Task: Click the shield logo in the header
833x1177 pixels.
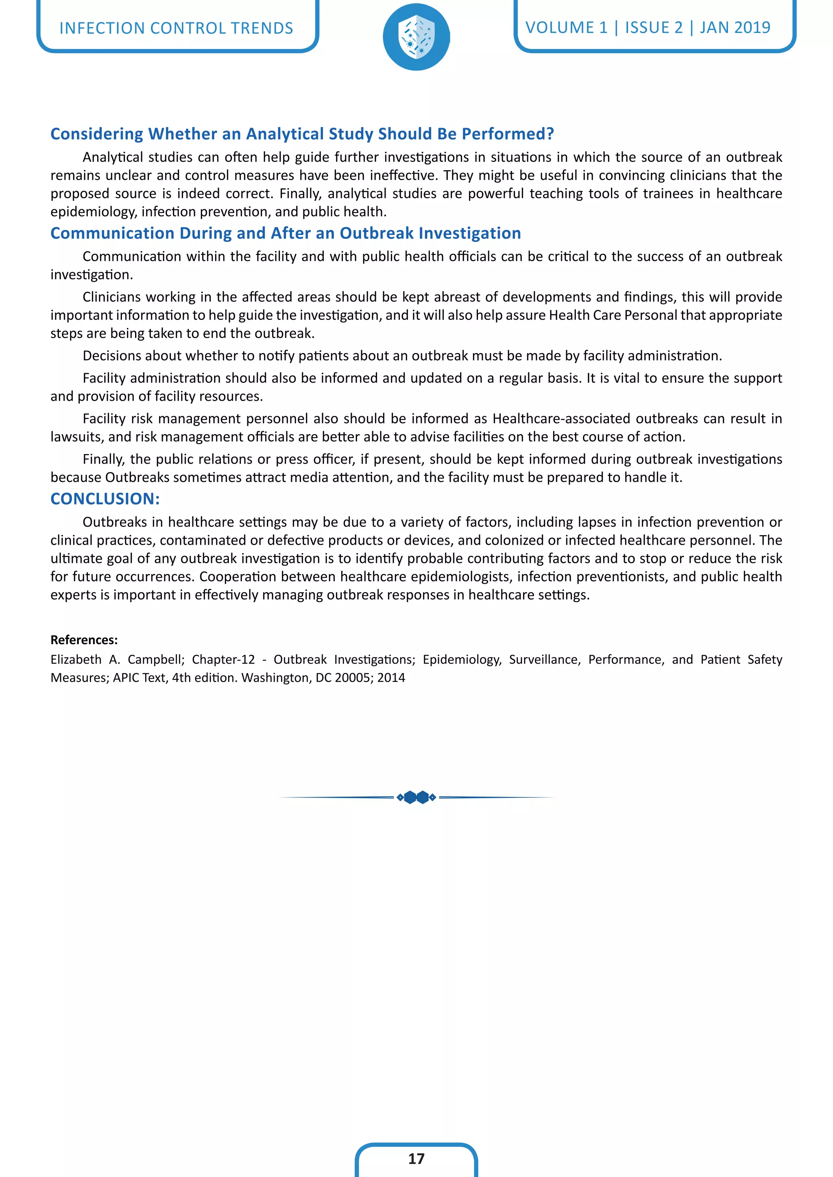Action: [x=416, y=37]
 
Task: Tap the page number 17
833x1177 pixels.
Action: [x=416, y=1159]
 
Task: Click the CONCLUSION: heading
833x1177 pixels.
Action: [x=105, y=499]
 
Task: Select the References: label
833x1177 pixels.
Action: [x=84, y=640]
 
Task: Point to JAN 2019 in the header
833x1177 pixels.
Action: [x=735, y=28]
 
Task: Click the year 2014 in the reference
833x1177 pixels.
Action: [x=391, y=678]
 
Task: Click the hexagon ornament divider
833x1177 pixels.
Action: [x=416, y=797]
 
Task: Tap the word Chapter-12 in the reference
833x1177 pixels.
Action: [x=223, y=659]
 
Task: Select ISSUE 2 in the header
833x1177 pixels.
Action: [x=654, y=28]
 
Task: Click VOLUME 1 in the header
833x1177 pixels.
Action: [x=566, y=28]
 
